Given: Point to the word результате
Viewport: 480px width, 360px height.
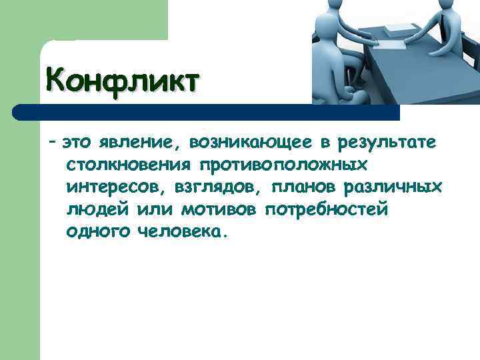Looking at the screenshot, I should tap(387, 142).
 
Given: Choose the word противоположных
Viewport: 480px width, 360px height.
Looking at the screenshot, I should tap(279, 165).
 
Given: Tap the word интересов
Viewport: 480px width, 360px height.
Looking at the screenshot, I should tap(106, 187).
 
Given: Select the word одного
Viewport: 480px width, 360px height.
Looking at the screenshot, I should tap(95, 233).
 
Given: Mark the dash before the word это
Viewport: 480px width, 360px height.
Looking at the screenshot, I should tap(52, 142).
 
